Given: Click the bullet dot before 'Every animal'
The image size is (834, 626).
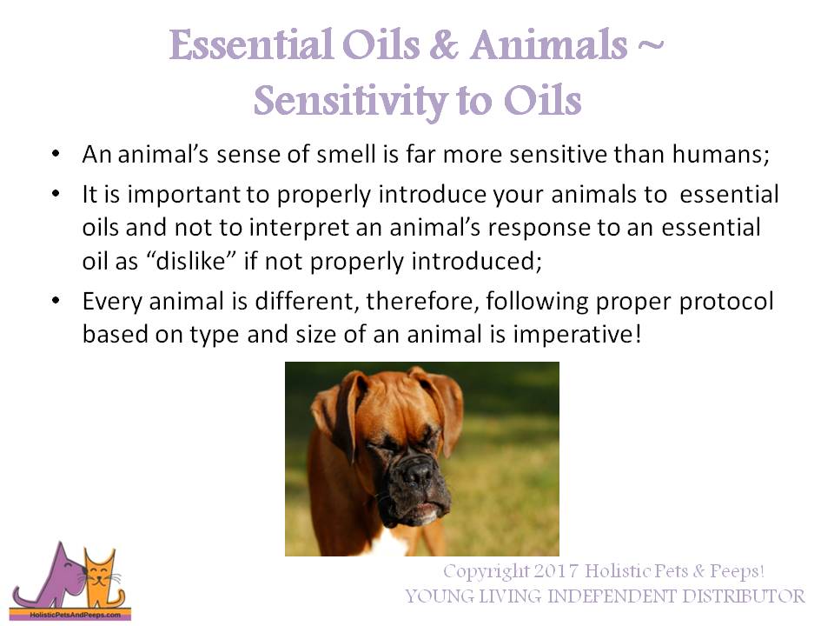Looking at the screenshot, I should [56, 301].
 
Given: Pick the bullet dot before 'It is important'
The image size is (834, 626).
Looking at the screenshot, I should [56, 195].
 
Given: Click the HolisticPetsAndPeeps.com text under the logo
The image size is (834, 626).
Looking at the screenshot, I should [69, 614].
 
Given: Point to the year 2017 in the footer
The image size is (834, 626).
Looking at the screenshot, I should [551, 572].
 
